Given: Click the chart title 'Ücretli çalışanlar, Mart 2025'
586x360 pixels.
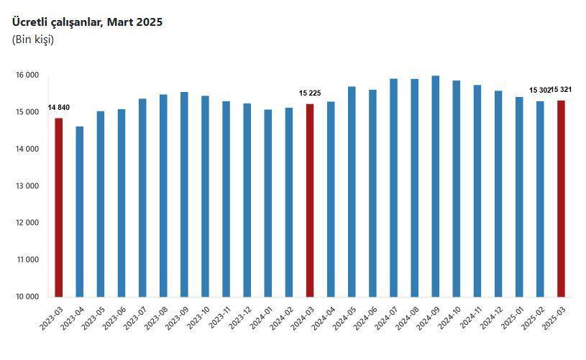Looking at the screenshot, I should (87, 22).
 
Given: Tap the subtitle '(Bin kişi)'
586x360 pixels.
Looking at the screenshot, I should (33, 40).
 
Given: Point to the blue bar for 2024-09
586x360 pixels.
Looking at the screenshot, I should (436, 186).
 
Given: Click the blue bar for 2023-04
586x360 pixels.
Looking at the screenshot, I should (80, 211).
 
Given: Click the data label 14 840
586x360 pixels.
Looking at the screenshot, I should (59, 108).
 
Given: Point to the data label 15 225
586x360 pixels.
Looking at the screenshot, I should (310, 93).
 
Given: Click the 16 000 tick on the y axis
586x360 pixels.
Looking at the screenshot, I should (27, 75).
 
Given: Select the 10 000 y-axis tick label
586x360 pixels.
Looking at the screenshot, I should (27, 296).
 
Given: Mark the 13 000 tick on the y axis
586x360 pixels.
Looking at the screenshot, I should (27, 186).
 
